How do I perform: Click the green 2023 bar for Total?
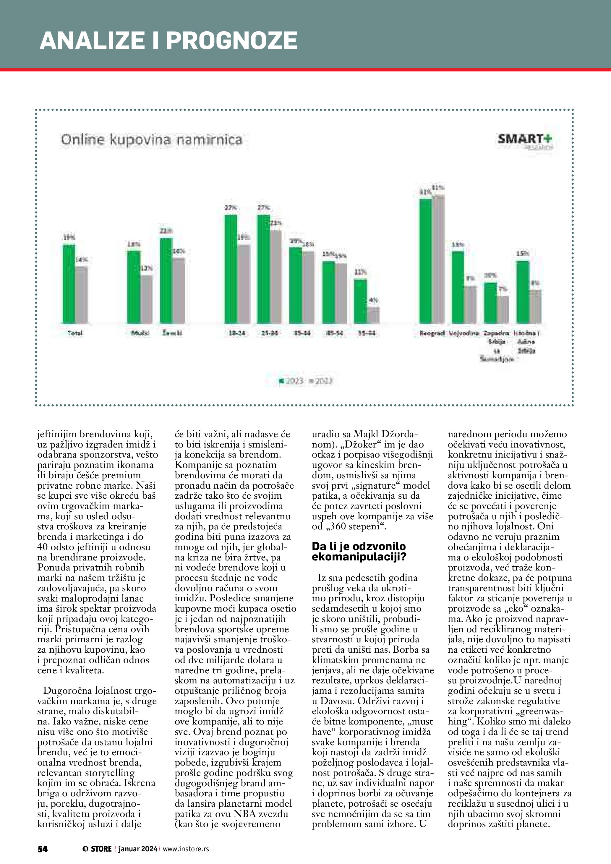(x=69, y=284)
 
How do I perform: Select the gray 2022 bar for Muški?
(x=147, y=299)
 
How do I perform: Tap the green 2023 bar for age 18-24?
(x=231, y=269)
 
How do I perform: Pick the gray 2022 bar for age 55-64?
(x=373, y=315)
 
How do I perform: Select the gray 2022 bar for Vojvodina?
(x=470, y=305)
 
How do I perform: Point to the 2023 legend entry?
(x=291, y=381)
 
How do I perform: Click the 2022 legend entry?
(x=320, y=381)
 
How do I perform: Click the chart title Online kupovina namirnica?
(x=151, y=140)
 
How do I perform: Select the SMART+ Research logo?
(x=525, y=141)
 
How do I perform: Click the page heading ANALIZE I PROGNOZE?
(x=168, y=40)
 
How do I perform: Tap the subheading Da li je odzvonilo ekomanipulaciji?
(x=359, y=551)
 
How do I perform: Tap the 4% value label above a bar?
(x=374, y=300)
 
